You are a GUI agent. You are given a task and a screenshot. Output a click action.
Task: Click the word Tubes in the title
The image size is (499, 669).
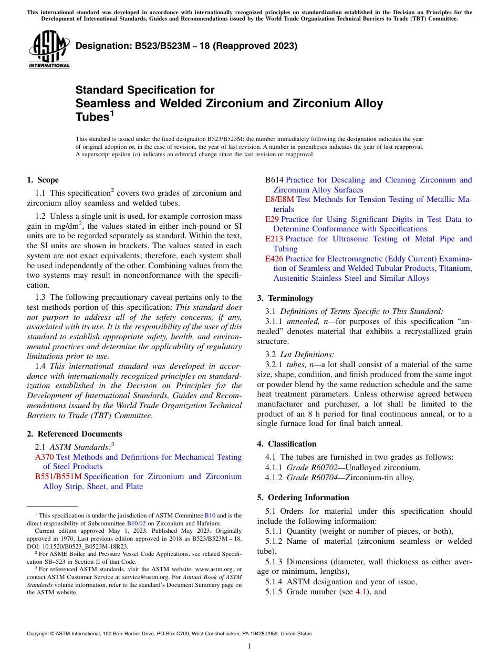click(92, 117)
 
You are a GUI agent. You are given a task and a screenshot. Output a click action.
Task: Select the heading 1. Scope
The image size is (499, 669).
click(43, 180)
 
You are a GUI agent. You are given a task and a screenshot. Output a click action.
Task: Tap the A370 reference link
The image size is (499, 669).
click(44, 457)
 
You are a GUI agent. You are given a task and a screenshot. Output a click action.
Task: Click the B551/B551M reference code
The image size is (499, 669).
click(58, 477)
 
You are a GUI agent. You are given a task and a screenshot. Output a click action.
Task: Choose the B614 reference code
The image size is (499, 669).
click(274, 180)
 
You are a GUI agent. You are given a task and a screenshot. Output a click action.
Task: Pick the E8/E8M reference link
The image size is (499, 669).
click(279, 199)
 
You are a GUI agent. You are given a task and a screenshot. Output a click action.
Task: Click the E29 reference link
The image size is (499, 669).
click(272, 219)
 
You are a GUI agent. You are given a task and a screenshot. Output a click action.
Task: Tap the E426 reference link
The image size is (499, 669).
click(274, 259)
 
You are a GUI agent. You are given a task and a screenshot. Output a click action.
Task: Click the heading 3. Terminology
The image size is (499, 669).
click(285, 298)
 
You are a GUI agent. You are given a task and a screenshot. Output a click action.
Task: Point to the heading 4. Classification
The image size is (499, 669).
click(287, 444)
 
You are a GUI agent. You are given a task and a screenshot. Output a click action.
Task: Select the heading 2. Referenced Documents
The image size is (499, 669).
click(75, 434)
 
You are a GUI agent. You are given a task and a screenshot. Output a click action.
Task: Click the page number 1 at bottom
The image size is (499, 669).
click(250, 646)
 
